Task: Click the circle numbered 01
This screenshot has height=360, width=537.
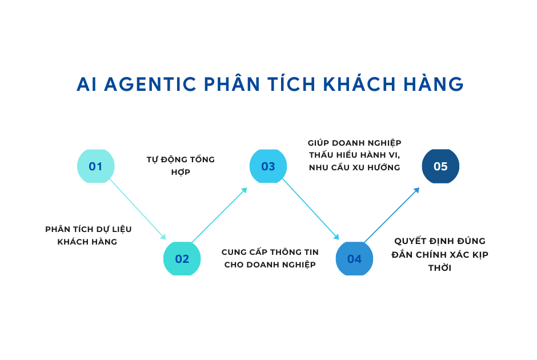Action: tap(95, 166)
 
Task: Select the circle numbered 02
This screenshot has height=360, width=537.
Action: tap(182, 259)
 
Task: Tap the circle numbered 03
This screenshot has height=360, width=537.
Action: tap(268, 166)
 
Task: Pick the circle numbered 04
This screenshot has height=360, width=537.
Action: tap(354, 259)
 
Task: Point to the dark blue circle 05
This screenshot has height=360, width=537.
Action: tap(440, 166)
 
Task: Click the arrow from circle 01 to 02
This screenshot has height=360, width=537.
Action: tap(138, 209)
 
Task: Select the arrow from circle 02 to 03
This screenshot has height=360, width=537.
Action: tap(219, 215)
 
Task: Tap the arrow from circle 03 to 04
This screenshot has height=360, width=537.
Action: tap(311, 209)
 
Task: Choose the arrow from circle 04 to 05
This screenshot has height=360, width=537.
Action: tap(392, 215)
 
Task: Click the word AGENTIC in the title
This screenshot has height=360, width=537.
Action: tap(150, 84)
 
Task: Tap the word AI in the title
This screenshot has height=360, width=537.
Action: tap(86, 84)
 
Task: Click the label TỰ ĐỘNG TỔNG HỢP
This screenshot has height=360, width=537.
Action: tap(181, 166)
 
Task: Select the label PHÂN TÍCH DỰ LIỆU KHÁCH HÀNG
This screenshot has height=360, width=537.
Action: tap(89, 235)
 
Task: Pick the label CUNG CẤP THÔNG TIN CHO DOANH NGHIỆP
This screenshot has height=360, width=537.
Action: tap(270, 258)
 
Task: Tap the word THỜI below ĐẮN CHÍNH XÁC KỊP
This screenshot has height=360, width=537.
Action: tap(440, 267)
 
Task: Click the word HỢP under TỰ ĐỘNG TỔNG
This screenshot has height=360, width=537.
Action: tap(181, 172)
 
